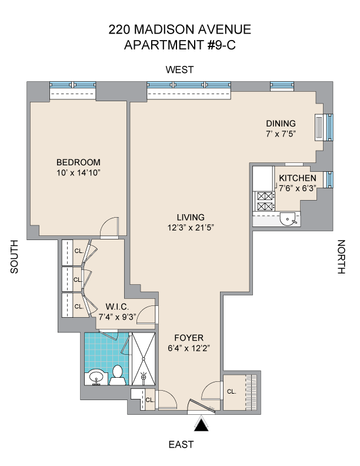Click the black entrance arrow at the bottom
point(201,424)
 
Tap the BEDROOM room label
point(78,162)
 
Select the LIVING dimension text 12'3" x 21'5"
point(191,228)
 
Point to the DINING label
point(281,124)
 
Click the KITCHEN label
point(297,178)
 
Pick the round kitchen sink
point(288,219)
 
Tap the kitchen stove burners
point(265,201)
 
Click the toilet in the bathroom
point(117,375)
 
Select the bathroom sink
point(95,377)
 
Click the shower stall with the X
point(144,359)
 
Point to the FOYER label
point(189,338)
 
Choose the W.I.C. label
point(117,307)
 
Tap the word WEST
point(179,69)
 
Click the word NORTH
point(342,257)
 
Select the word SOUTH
point(14,257)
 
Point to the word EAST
point(181,445)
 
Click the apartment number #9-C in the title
point(221,45)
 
